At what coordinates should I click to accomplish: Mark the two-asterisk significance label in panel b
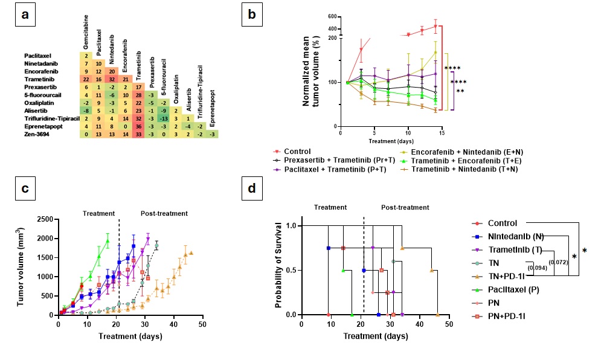pyautogui.click(x=460, y=91)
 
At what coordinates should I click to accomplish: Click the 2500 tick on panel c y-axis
pyautogui.click(x=44, y=219)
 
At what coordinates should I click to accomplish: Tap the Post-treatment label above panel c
pyautogui.click(x=164, y=213)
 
